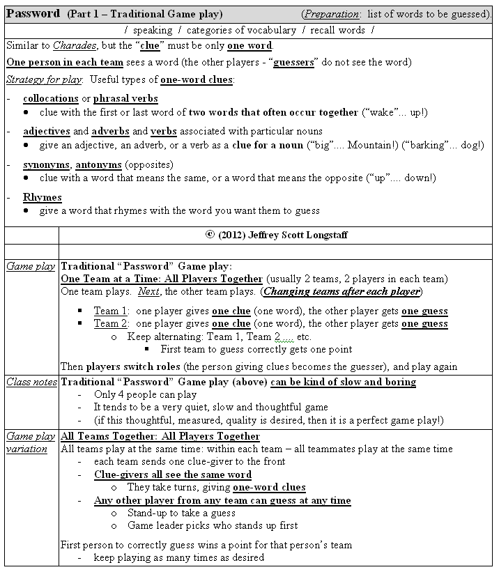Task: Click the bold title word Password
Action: [x=33, y=14]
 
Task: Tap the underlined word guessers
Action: [x=293, y=62]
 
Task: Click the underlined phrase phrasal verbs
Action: [x=125, y=98]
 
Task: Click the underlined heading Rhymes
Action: [x=42, y=197]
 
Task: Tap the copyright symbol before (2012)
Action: [x=210, y=235]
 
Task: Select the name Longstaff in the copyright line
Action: [x=323, y=235]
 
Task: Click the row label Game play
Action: [x=31, y=266]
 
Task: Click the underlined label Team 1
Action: [x=112, y=311]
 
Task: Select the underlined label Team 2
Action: [x=112, y=323]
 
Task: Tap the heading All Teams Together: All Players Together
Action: [x=160, y=436]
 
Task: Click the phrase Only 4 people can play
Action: [x=145, y=394]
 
